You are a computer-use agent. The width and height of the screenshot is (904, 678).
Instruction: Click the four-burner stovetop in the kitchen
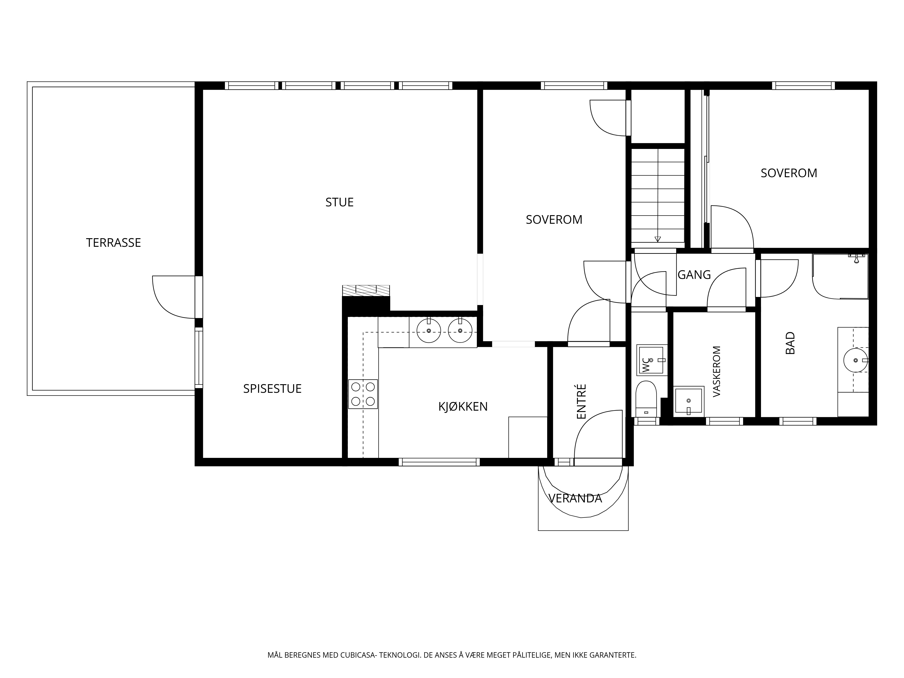coord(363,394)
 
